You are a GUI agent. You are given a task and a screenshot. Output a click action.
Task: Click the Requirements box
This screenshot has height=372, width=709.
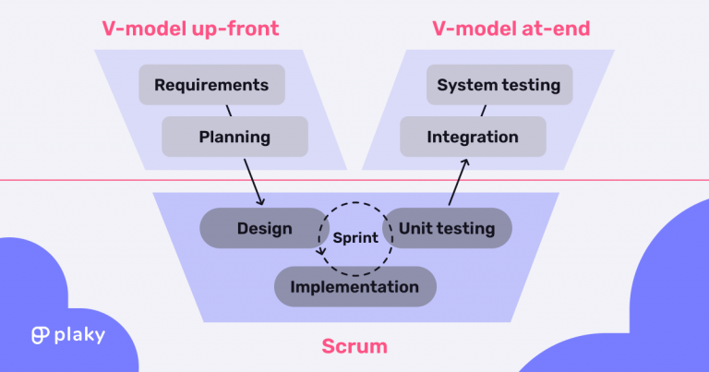(211, 85)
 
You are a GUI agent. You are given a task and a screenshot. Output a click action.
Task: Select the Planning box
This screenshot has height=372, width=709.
(234, 138)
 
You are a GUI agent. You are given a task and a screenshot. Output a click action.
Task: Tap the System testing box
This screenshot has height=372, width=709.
(499, 85)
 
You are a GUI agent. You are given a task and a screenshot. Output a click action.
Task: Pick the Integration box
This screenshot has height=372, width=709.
(473, 138)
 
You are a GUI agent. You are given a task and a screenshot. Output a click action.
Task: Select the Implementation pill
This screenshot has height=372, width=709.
(354, 287)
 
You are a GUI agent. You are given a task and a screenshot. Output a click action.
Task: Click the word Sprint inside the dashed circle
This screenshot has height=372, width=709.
(355, 237)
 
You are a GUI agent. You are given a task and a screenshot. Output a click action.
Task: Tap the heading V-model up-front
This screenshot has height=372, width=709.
(190, 30)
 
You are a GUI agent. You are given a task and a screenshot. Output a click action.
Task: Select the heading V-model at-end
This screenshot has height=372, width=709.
(511, 30)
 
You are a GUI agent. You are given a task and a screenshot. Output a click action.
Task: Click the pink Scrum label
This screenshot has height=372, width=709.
(354, 347)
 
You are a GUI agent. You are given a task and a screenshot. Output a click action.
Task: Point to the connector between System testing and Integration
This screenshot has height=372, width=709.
(483, 111)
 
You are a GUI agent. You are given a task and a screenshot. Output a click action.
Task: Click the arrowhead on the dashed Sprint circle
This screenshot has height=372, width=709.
(319, 255)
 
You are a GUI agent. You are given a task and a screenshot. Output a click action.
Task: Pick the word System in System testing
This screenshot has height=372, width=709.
(466, 85)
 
